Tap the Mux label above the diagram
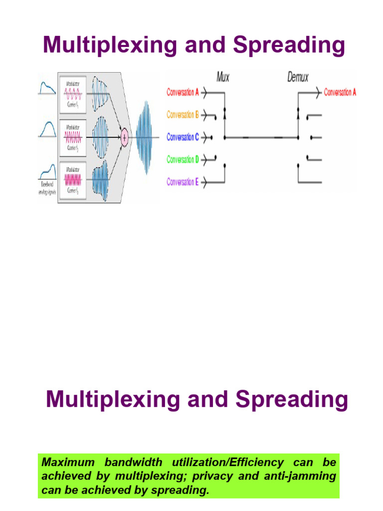pyautogui.click(x=223, y=77)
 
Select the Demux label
pyautogui.click(x=298, y=77)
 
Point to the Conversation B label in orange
pyautogui.click(x=183, y=115)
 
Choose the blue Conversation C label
pyautogui.click(x=183, y=137)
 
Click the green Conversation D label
pyautogui.click(x=183, y=160)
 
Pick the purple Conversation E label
pyautogui.click(x=183, y=182)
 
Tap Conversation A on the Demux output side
pyautogui.click(x=340, y=92)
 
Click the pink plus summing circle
pyautogui.click(x=124, y=137)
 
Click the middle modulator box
pyautogui.click(x=73, y=137)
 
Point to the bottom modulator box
pyautogui.click(x=73, y=180)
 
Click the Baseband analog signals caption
pyautogui.click(x=46, y=189)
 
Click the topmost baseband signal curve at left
pyautogui.click(x=47, y=89)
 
